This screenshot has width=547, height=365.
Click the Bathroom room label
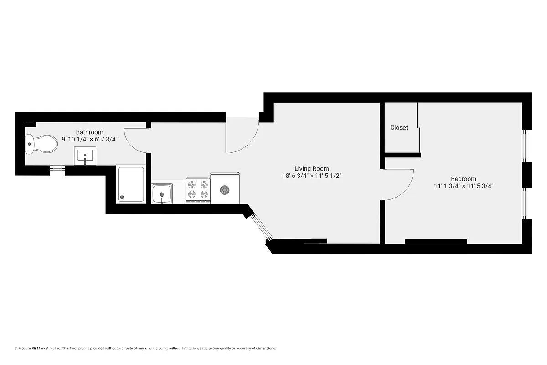89,132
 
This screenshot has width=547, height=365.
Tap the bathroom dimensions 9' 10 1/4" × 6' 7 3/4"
90,140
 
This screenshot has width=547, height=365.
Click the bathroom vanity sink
85,156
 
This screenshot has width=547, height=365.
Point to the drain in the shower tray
122,198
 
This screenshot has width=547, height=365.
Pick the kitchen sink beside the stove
162,194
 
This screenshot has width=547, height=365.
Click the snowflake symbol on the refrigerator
224,190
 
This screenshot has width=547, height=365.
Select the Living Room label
311,168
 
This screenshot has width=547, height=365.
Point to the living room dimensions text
311,176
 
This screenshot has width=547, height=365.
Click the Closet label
399,128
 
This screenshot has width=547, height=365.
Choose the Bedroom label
464,179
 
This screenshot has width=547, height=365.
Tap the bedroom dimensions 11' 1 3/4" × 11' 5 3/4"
464,186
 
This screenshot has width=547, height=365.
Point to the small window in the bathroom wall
57,168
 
